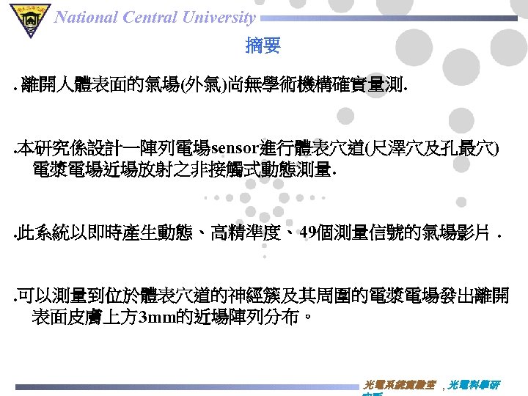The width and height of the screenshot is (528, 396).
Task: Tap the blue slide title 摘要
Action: [x=263, y=47]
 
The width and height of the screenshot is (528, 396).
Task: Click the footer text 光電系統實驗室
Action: [x=400, y=385]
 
